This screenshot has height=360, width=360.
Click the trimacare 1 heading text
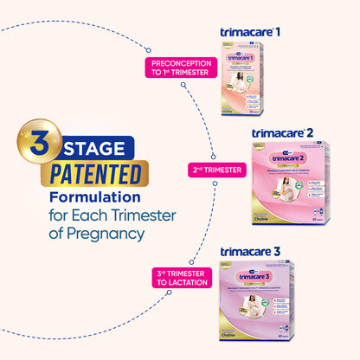point(256,32)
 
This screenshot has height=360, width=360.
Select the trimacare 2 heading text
point(289,133)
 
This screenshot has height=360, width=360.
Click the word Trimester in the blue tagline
point(138,216)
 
